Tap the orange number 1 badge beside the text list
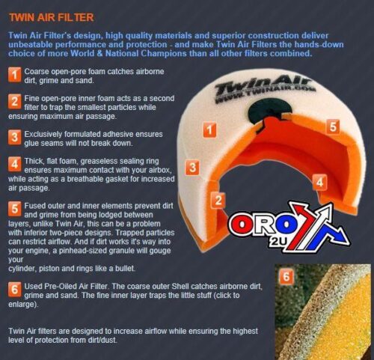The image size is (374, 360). click(x=14, y=73)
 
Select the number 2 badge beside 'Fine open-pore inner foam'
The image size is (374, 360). click(x=14, y=101)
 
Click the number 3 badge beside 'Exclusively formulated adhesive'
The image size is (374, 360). click(x=14, y=136)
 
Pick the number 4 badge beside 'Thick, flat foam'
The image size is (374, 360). click(x=14, y=164)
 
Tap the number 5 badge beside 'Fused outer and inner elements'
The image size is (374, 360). click(x=14, y=207)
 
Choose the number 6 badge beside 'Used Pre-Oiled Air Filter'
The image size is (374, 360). click(x=14, y=287)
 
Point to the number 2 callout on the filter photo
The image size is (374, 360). click(x=219, y=200)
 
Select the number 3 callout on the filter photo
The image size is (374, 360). click(x=192, y=167)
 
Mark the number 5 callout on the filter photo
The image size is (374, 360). click(x=333, y=126)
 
